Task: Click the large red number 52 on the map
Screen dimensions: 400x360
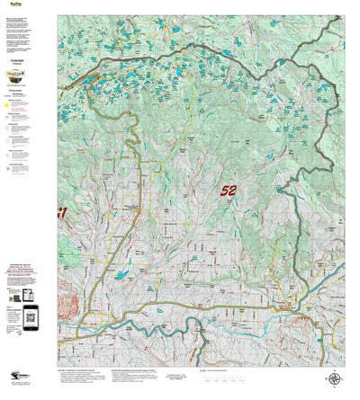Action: pyautogui.click(x=229, y=191)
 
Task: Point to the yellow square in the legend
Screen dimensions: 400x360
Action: pyautogui.click(x=7, y=104)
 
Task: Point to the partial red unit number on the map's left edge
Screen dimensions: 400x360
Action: pyautogui.click(x=62, y=213)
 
